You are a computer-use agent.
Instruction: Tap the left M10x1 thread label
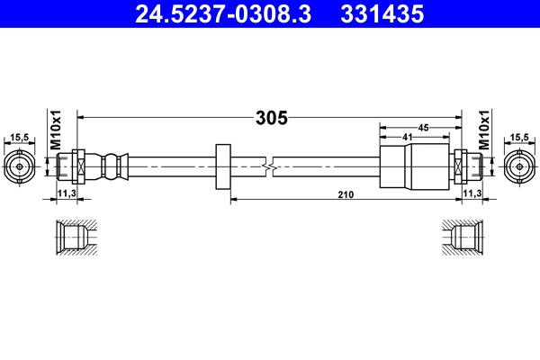(x=54, y=130)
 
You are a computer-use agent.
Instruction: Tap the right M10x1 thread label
(x=483, y=130)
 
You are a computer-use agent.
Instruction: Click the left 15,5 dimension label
(x=18, y=138)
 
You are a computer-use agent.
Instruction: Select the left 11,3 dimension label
(x=67, y=193)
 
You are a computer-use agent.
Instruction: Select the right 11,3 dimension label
(x=472, y=193)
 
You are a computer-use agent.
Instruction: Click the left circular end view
(x=19, y=166)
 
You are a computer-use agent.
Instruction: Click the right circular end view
(x=518, y=166)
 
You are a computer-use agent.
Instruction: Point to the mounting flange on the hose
(x=224, y=166)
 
